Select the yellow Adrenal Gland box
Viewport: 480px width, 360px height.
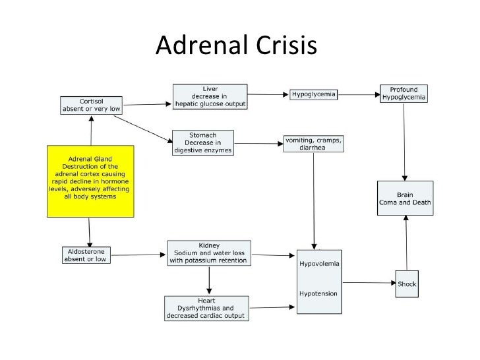(91, 180)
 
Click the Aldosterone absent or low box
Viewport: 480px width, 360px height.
(86, 255)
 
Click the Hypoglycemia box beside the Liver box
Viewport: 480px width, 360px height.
(314, 95)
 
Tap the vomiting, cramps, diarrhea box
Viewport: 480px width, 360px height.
(314, 143)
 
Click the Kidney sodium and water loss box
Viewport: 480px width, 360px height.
(208, 252)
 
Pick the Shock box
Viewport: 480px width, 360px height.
(407, 284)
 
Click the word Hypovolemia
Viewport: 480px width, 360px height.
(319, 264)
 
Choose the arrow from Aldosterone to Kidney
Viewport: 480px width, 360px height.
(137, 254)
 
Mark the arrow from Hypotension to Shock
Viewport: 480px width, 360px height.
(368, 284)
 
